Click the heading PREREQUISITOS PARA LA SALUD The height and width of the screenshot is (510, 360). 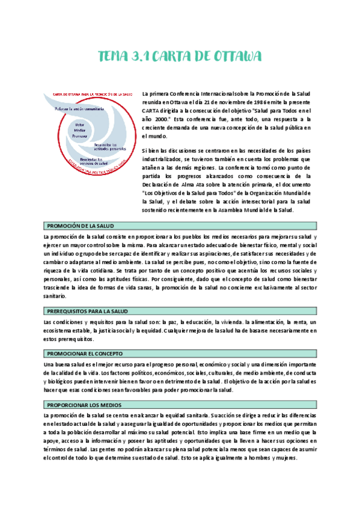[88, 311]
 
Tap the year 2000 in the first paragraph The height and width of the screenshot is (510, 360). [153, 119]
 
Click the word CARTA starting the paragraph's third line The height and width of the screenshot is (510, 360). [151, 111]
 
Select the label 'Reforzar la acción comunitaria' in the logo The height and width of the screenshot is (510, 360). [80, 108]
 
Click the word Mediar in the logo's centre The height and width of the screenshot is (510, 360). [80, 131]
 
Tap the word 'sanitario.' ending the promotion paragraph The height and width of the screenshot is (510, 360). [57, 296]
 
